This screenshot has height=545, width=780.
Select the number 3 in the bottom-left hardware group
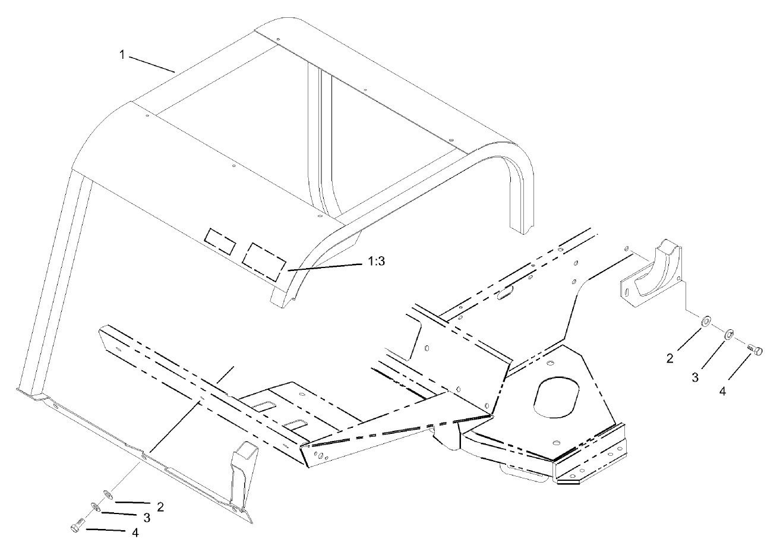click(x=146, y=518)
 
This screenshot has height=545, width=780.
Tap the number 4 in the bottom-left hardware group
click(x=135, y=533)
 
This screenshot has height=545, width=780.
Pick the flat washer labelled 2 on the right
click(x=705, y=321)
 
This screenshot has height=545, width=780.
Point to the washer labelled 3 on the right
click(x=728, y=334)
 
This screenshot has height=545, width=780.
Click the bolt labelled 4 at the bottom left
click(x=75, y=527)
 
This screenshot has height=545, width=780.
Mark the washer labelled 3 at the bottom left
click(x=95, y=506)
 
